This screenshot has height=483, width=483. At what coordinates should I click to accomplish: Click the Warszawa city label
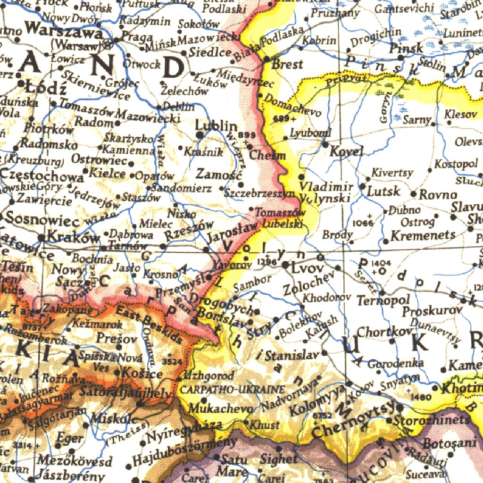[64, 32]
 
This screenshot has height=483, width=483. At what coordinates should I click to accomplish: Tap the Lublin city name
[216, 125]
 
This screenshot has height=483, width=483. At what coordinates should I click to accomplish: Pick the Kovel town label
[347, 151]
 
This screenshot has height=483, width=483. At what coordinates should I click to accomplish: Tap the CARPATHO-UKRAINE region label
[232, 390]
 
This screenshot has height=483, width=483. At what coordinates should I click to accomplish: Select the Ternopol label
[376, 300]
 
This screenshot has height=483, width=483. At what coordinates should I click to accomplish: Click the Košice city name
[142, 374]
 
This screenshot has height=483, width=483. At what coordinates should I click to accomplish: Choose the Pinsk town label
[406, 49]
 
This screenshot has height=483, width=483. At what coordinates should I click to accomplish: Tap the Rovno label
[438, 194]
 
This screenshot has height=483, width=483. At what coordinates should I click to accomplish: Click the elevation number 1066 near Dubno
[362, 222]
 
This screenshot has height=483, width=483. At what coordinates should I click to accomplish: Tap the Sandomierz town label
[181, 188]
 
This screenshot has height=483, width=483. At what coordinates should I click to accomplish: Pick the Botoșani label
[443, 444]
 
